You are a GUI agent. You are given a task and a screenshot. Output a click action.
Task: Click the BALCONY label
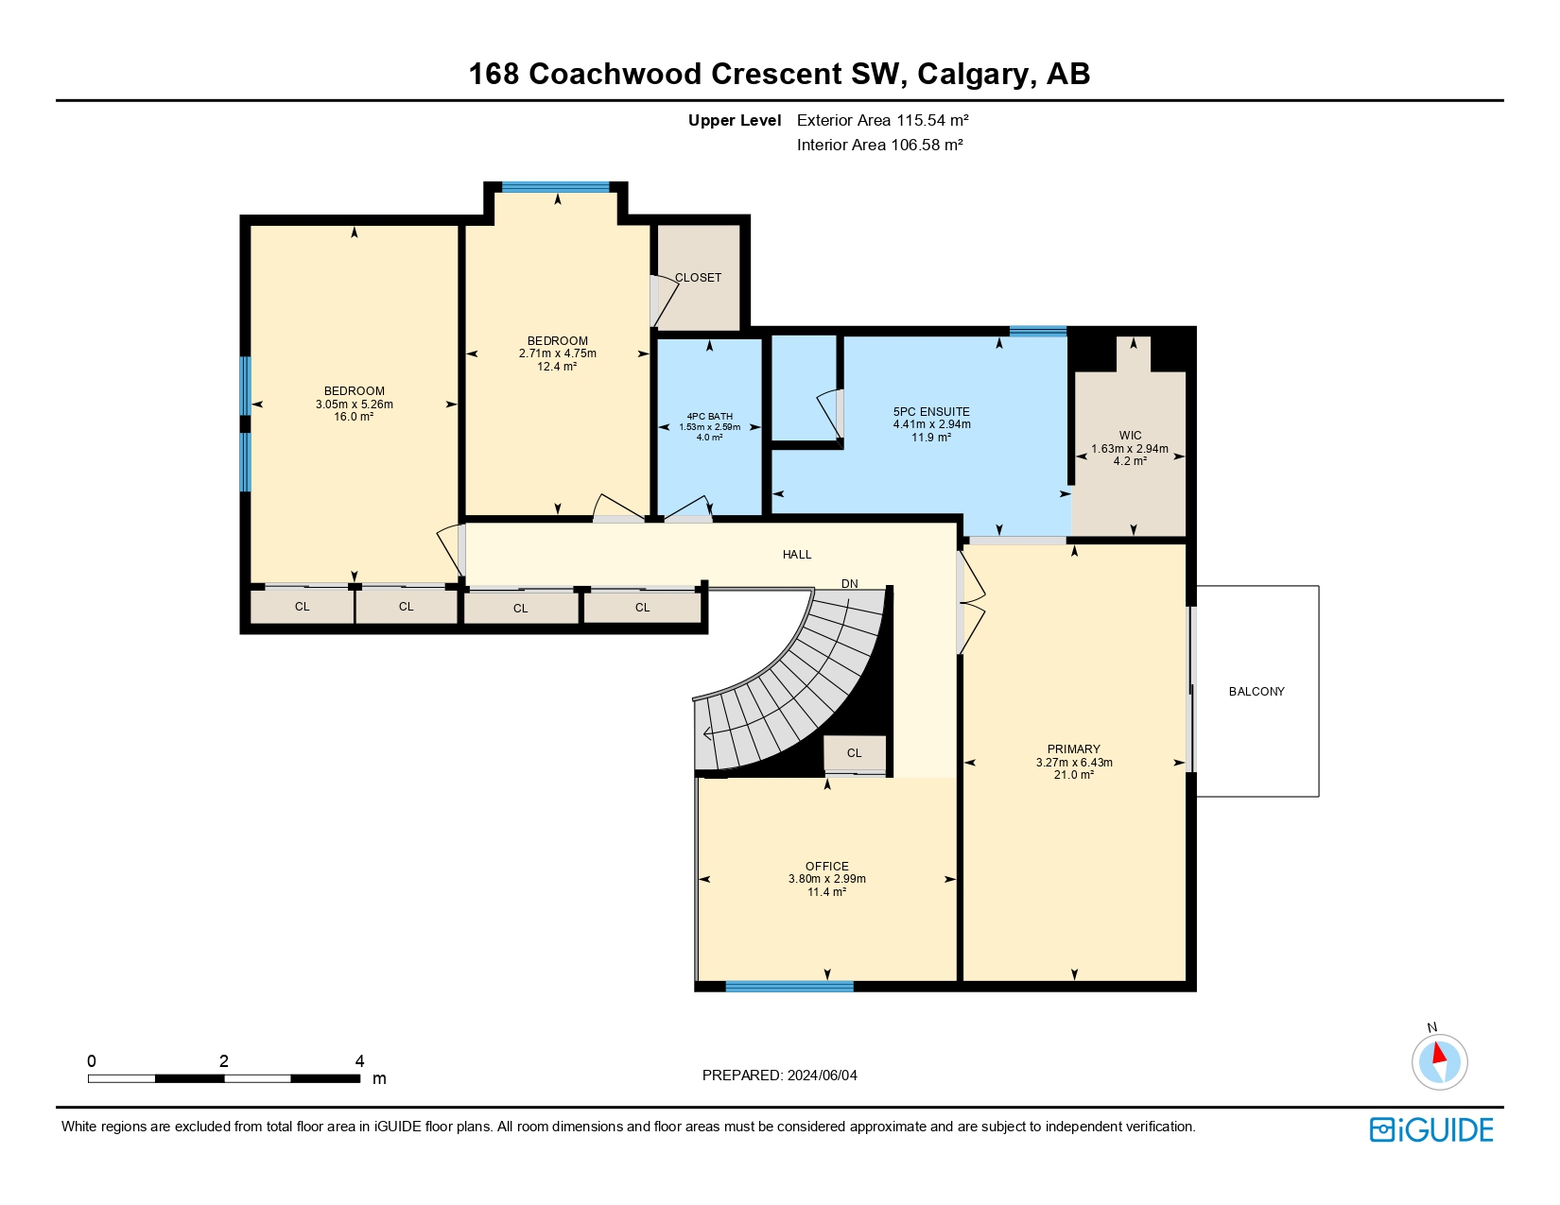1257,691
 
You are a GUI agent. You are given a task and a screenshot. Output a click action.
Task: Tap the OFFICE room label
827,867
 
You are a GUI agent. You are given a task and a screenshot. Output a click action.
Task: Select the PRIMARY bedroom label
1073,749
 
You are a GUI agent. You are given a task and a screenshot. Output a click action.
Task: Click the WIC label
1130,436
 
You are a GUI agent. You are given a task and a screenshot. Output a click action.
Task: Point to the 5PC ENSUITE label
931,412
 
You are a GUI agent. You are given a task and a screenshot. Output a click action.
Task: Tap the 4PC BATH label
709,416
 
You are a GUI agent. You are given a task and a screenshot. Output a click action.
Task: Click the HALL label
797,554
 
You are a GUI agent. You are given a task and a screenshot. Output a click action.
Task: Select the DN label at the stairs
849,583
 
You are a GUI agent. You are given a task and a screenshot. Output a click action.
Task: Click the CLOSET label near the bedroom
698,277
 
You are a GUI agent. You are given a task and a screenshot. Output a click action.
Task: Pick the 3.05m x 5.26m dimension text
354,405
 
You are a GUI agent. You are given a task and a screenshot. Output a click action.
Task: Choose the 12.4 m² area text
557,366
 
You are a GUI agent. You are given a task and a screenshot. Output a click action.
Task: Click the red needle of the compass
1438,1054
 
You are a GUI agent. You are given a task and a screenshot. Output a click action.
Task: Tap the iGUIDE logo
1430,1130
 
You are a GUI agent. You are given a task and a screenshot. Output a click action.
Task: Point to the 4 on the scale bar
359,1060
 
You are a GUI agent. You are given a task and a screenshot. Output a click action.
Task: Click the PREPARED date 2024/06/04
822,1076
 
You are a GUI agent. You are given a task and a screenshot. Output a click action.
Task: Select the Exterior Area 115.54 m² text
882,120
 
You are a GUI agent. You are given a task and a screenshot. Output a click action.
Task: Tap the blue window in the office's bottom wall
789,986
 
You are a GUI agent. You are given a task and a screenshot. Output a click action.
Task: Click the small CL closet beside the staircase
854,753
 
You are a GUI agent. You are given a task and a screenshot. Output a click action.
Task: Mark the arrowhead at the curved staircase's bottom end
707,733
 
